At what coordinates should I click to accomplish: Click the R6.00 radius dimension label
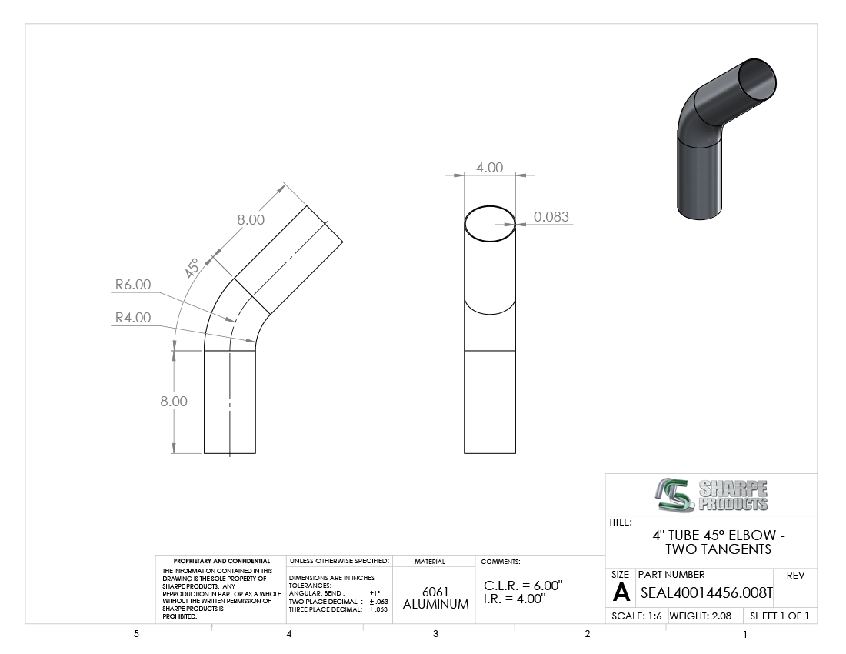(133, 285)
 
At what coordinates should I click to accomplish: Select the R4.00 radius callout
(133, 317)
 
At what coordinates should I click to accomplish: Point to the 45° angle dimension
(192, 269)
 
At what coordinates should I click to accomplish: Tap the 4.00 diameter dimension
(489, 167)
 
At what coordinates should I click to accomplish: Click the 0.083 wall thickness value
(551, 216)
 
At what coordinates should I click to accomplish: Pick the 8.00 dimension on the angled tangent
(251, 219)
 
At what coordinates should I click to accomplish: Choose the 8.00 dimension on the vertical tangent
(174, 401)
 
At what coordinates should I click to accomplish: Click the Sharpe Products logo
(711, 495)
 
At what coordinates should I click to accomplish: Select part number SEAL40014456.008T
(706, 593)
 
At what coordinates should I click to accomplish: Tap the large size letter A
(621, 592)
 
